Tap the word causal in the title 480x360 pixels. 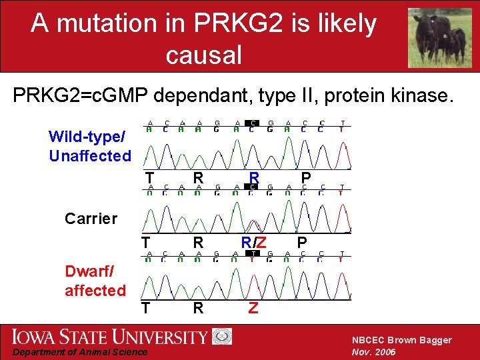pyautogui.click(x=203, y=55)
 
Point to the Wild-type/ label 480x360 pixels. pyautogui.click(x=87, y=137)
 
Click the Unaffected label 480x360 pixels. pyautogui.click(x=90, y=156)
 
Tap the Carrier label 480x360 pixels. pyautogui.click(x=91, y=218)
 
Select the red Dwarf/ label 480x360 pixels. pyautogui.click(x=89, y=271)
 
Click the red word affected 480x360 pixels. pyautogui.click(x=95, y=290)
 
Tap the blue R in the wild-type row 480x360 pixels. pyautogui.click(x=254, y=177)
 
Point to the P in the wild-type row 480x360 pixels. pyautogui.click(x=305, y=177)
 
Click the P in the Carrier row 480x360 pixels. pyautogui.click(x=302, y=241)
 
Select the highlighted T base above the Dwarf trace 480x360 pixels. pyautogui.click(x=253, y=253)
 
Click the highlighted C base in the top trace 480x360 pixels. pyautogui.click(x=253, y=123)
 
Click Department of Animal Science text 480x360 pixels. pyautogui.click(x=81, y=352)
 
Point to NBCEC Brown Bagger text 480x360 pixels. pyautogui.click(x=401, y=340)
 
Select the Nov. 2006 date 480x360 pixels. pyautogui.click(x=374, y=352)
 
